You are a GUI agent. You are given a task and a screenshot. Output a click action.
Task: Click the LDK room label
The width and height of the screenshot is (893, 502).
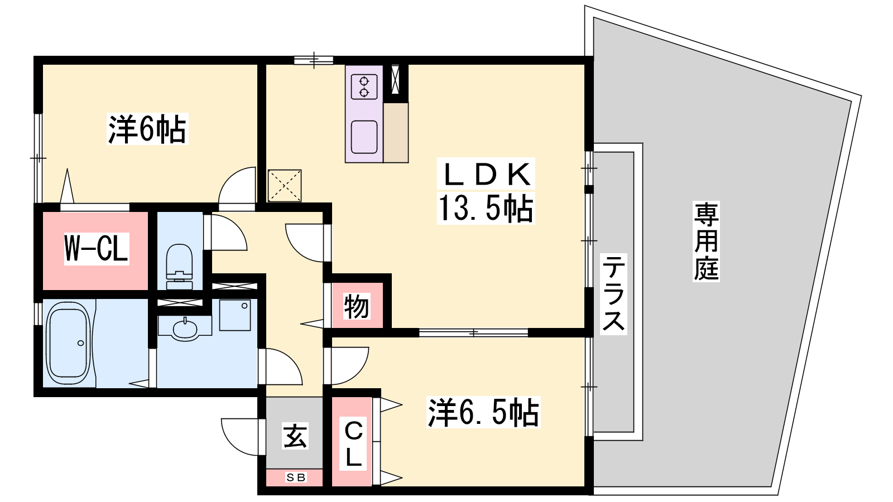(487, 175)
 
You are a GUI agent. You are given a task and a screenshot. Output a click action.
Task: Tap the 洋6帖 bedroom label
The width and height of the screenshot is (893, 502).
(147, 129)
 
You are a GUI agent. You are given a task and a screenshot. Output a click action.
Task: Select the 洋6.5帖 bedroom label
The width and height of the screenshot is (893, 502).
(483, 412)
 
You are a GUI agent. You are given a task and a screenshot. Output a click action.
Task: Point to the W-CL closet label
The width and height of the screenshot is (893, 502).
(97, 248)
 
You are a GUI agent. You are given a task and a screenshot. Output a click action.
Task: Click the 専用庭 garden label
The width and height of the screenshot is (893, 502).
(706, 242)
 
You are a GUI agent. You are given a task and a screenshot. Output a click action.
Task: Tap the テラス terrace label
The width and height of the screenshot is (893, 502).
(613, 293)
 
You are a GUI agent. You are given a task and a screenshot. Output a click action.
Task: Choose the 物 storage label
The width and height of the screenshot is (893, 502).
(357, 306)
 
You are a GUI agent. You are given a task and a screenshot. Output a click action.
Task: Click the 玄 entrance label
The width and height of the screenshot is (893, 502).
(295, 436)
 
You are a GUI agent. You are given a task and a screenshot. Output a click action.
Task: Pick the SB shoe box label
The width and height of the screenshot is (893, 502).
(296, 477)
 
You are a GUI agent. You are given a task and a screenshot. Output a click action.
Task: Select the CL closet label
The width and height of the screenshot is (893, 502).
(353, 444)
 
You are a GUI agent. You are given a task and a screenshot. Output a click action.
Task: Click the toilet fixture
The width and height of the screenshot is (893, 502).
(179, 266)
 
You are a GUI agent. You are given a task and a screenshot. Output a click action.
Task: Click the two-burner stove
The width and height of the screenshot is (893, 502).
(364, 87)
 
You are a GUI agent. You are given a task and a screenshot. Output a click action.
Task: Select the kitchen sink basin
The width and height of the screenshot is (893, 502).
(364, 137)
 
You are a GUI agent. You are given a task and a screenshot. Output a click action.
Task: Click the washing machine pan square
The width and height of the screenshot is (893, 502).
(235, 315)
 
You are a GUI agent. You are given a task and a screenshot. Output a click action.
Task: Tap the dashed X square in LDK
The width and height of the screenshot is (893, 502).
(285, 186)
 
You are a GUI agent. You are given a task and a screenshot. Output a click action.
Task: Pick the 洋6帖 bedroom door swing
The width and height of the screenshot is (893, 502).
(237, 188)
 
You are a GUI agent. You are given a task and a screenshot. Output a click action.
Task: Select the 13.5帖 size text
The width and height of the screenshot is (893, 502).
(486, 209)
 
